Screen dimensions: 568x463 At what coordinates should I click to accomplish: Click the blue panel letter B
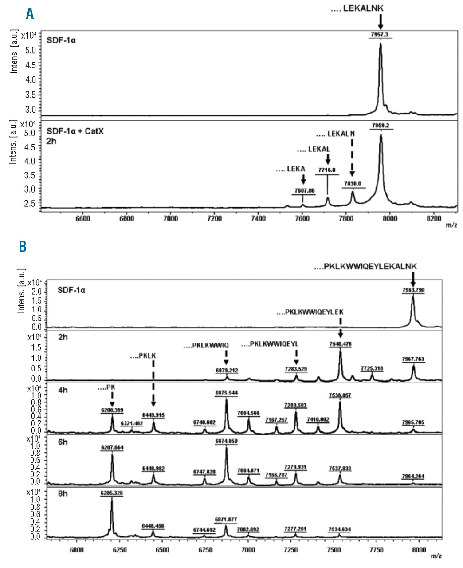[23, 246]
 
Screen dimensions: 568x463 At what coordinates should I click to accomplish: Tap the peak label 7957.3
[381, 34]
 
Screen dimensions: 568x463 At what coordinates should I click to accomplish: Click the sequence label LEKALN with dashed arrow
[335, 134]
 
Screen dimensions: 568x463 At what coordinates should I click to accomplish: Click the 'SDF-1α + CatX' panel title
[75, 132]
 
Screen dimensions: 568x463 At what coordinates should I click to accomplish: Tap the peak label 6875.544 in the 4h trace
[227, 393]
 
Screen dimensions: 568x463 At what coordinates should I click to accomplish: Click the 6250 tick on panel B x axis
[119, 550]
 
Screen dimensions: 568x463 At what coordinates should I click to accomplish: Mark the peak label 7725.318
[372, 368]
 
